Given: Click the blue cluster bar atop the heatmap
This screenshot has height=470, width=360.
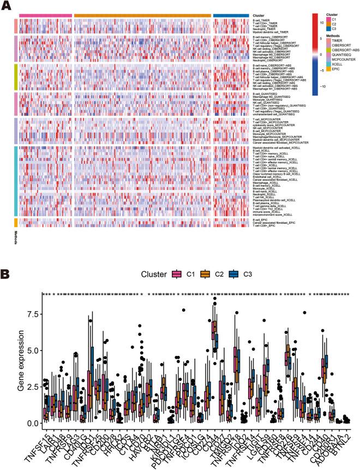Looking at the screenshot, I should click(229, 16).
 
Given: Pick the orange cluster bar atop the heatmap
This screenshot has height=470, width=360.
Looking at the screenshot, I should click(142, 16).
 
